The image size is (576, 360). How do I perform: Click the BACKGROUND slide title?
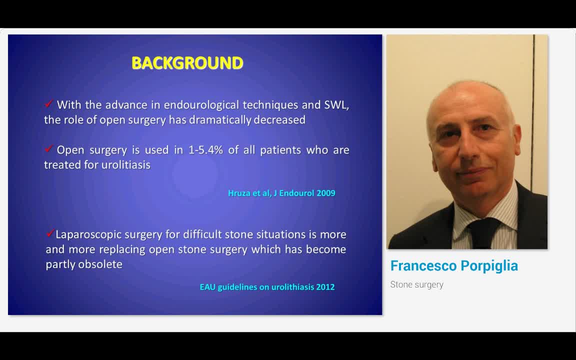point(187,63)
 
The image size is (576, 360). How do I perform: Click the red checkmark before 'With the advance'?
point(48,104)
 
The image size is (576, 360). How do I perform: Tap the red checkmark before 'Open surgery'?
point(48,149)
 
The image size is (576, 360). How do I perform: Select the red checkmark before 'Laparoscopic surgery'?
point(50,233)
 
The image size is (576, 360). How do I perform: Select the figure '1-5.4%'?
point(205,150)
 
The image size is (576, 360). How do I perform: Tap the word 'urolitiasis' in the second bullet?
point(125,165)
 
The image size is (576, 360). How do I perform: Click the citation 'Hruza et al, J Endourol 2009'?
point(281,193)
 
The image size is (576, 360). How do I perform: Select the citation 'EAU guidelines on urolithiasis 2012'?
point(267,287)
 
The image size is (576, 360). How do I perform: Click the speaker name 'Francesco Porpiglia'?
point(454,266)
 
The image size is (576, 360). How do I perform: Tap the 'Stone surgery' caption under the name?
point(416,284)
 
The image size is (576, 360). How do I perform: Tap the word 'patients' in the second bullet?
point(280,150)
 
